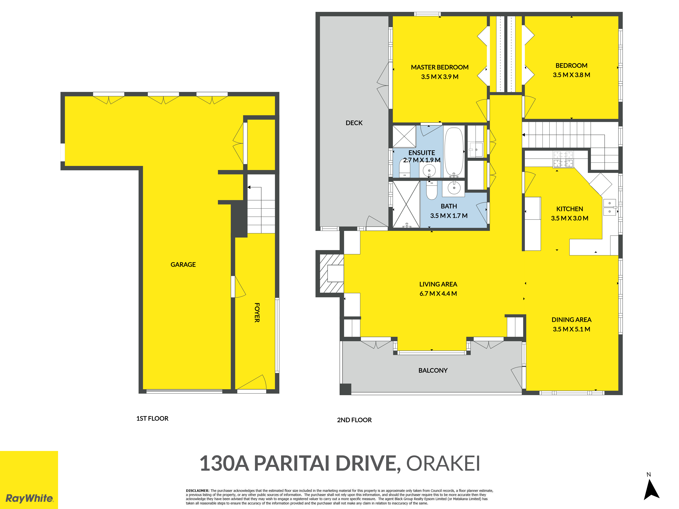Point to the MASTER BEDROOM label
(440, 67)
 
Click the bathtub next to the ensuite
(454, 152)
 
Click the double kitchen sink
(610, 207)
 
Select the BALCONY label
(433, 370)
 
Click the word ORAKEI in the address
(443, 463)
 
